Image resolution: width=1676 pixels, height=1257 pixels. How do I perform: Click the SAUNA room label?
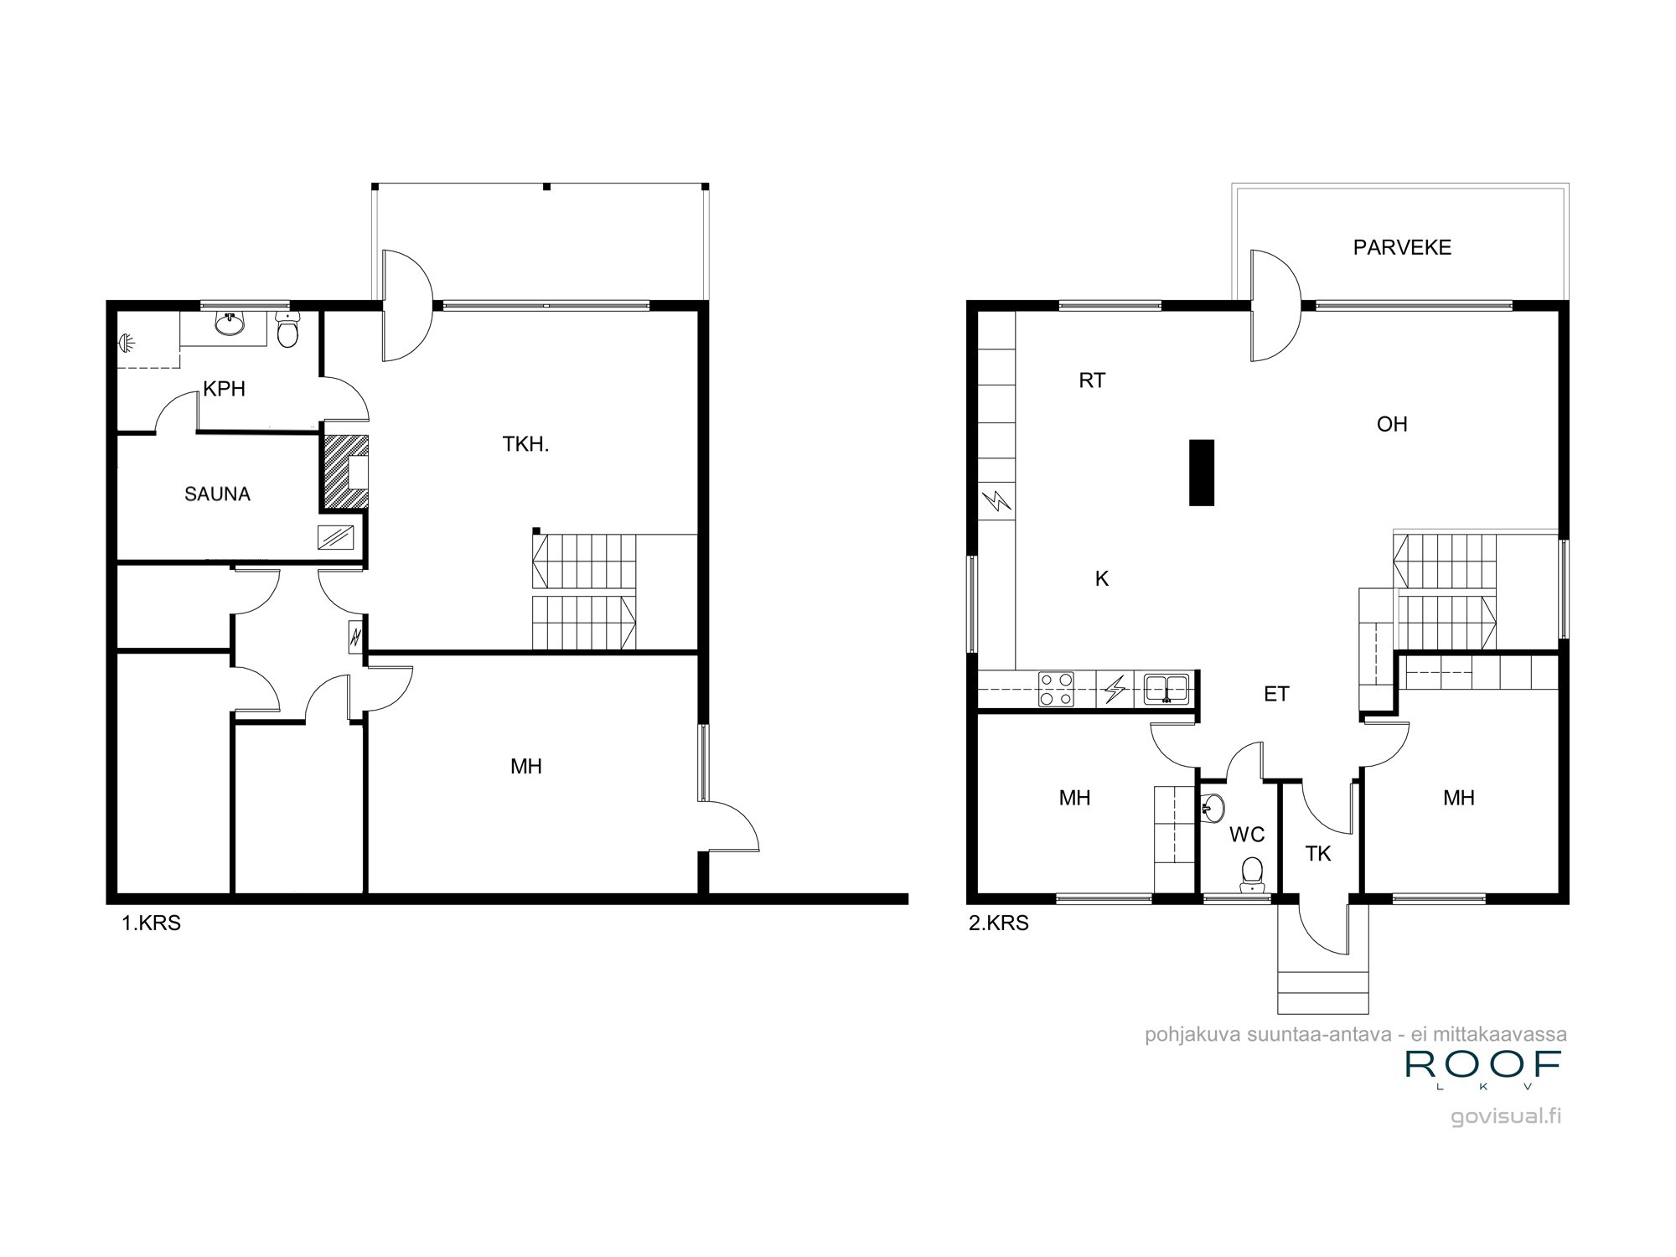[x=217, y=494]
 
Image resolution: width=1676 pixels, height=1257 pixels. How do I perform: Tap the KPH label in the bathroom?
[x=224, y=389]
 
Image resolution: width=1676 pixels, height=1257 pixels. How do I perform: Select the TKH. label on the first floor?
[x=525, y=445]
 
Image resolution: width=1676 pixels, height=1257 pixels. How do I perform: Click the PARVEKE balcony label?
[x=1402, y=248]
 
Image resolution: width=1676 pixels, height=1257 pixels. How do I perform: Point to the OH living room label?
[x=1392, y=425]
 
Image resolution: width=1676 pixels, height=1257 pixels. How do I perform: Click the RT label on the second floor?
[x=1092, y=381]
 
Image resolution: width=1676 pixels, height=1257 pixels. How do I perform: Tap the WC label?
[x=1246, y=835]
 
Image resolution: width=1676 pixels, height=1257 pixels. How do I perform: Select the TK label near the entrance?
[x=1318, y=854]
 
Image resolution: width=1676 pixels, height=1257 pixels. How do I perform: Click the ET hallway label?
[x=1276, y=694]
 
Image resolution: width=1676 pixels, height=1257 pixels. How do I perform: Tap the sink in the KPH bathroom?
[x=228, y=323]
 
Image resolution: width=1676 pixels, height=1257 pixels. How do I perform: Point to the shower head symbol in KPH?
[x=127, y=342]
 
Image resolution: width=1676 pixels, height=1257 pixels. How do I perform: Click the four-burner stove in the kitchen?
[x=1056, y=689]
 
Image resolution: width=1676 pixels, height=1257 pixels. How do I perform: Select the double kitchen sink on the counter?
[x=1166, y=689]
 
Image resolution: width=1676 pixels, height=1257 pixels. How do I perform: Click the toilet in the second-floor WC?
[x=1252, y=873]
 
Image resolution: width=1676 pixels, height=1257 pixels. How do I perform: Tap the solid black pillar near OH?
[x=1202, y=473]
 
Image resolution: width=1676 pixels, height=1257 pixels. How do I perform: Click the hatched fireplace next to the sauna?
[x=344, y=471]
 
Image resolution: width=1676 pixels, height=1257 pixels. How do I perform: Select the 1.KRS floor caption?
[x=152, y=924]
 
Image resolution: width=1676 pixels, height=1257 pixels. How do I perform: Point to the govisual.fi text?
[x=1506, y=1117]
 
